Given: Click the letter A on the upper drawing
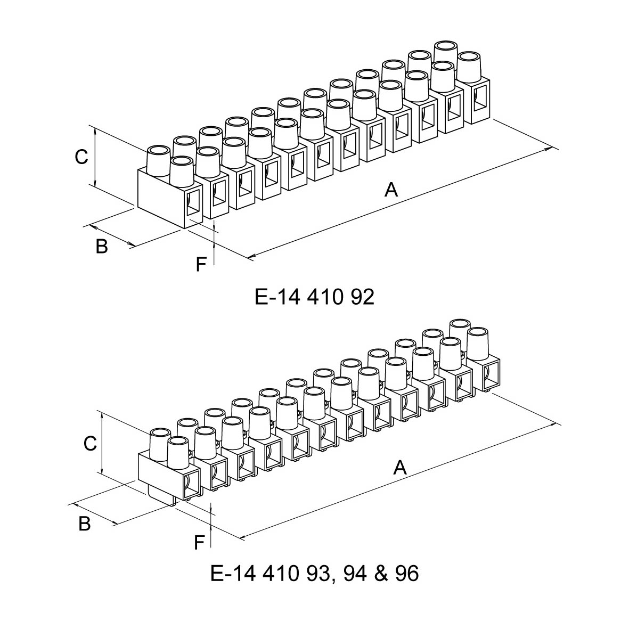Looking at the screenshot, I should (x=391, y=189).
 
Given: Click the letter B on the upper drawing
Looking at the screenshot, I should (x=101, y=246).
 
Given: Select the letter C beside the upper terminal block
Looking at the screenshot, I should (x=81, y=157).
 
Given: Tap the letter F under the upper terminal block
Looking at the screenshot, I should (x=200, y=264).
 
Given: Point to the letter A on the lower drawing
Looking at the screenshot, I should (x=400, y=468).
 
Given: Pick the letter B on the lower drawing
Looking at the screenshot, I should (x=85, y=524).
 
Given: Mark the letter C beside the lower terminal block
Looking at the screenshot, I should (x=90, y=443).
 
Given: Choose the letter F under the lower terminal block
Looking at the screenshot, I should (x=199, y=543).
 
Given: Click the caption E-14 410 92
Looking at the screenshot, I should (x=314, y=297).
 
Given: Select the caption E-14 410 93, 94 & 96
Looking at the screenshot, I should (x=314, y=574).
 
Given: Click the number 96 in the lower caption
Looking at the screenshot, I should (x=407, y=574).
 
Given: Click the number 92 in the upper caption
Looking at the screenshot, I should (x=363, y=297).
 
